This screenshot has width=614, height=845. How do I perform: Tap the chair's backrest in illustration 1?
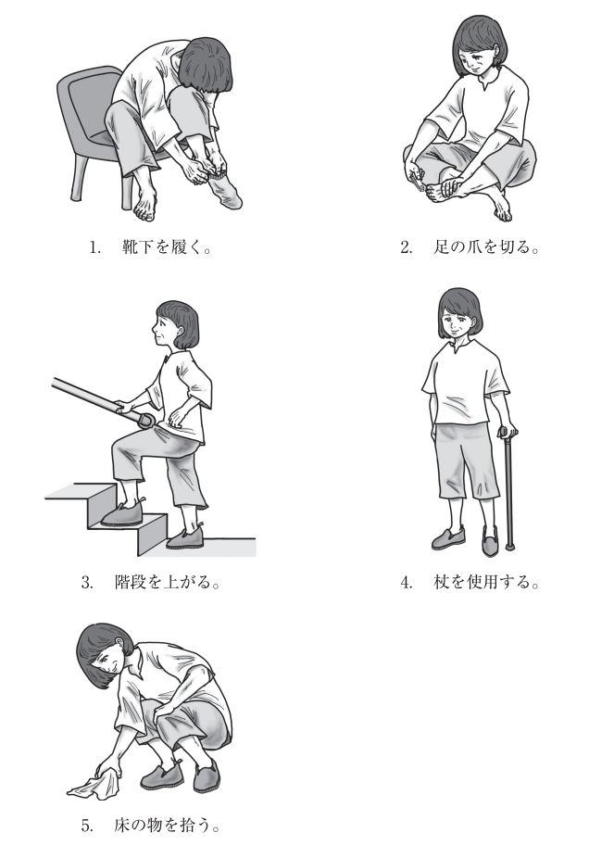[x=88, y=103]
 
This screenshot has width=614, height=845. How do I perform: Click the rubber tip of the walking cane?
[x=509, y=548]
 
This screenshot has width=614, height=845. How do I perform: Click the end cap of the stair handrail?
[x=147, y=420]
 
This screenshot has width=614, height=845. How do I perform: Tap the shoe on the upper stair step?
[x=123, y=513]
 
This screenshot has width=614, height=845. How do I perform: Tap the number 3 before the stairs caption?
[x=87, y=583]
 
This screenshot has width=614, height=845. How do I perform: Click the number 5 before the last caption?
[x=87, y=826]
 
